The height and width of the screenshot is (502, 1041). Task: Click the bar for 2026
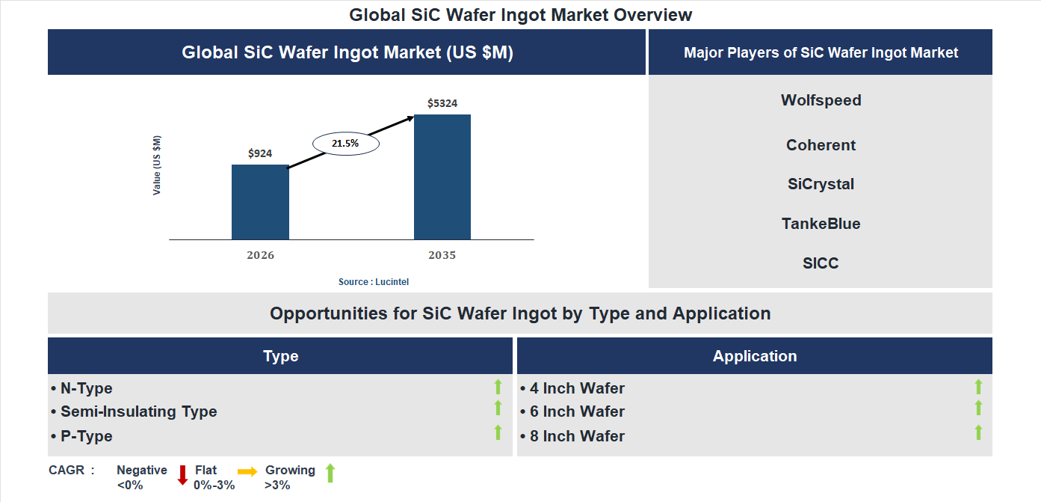coord(260,202)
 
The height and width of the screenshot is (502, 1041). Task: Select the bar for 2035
coord(442,177)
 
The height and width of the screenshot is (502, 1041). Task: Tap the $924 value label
coord(260,153)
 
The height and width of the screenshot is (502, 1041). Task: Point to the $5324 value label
coord(442,103)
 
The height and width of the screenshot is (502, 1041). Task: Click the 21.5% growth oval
coord(345,143)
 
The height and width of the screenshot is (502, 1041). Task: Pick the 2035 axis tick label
coord(442,255)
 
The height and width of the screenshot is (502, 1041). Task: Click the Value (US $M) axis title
coord(157,165)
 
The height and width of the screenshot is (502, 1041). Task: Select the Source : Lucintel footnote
coord(374,282)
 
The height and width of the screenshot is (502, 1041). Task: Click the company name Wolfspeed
coord(821,100)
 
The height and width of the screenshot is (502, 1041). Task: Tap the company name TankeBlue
coord(821,224)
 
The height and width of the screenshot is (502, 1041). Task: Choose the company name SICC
coord(821,263)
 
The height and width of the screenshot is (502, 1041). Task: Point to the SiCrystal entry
coord(821,184)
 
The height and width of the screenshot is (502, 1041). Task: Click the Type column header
coord(280,356)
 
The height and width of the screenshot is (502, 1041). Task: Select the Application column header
coord(754,356)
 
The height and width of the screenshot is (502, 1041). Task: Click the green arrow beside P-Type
coord(498,432)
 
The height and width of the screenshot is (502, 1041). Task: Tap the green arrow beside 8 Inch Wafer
coord(978,432)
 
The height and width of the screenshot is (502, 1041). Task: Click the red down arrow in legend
coord(182,475)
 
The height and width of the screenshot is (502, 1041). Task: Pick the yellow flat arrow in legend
coord(247,471)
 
